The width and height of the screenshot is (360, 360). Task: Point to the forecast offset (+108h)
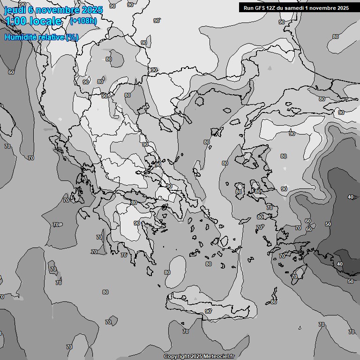pyautogui.click(x=83, y=21)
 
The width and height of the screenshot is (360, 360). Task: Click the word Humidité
pyautogui.click(x=20, y=37)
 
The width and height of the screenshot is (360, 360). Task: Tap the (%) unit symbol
pyautogui.click(x=72, y=37)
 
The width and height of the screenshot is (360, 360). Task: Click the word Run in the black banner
pyautogui.click(x=249, y=8)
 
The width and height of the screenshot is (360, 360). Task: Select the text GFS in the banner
pyautogui.click(x=261, y=8)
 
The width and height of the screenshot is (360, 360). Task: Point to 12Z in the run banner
pyautogui.click(x=272, y=8)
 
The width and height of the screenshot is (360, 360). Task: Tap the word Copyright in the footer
pyautogui.click(x=176, y=357)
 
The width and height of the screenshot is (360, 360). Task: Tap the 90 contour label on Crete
pyautogui.click(x=208, y=311)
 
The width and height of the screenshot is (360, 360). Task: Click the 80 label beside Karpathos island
pyautogui.click(x=274, y=302)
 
